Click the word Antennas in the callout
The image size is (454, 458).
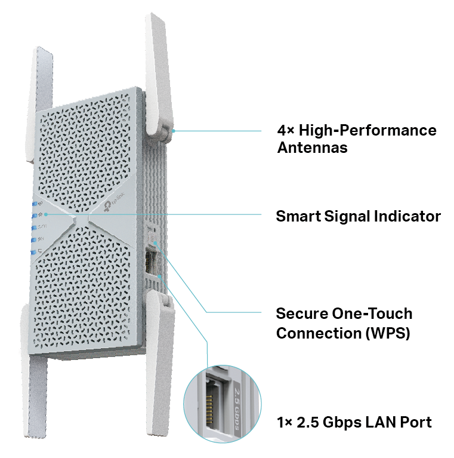(x=312, y=147)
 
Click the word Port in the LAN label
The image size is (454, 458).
(x=413, y=423)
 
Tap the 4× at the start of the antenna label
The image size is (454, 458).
(x=285, y=130)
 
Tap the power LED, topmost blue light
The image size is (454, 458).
(x=33, y=204)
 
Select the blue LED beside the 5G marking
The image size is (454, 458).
(x=33, y=240)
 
